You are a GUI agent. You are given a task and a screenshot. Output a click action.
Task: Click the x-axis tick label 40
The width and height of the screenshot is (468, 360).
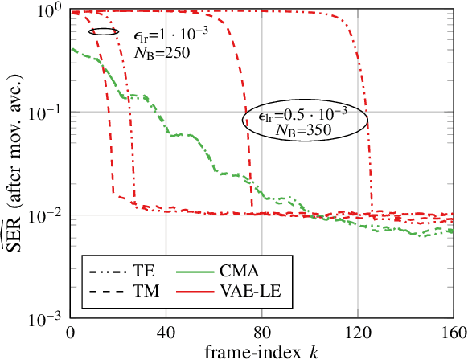pyautogui.click(x=166, y=333)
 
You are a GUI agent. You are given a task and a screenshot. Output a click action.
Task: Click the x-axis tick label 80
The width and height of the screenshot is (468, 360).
pyautogui.click(x=262, y=333)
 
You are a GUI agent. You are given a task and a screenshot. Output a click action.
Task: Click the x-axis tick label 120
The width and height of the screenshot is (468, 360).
pyautogui.click(x=358, y=333)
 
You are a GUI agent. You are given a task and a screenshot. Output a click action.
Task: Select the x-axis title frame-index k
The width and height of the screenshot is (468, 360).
pyautogui.click(x=262, y=351)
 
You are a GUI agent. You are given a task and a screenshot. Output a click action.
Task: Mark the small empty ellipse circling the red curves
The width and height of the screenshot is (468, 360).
pyautogui.click(x=104, y=31)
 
